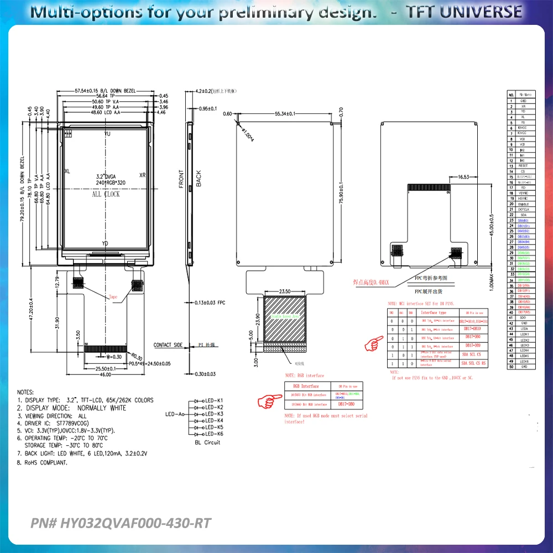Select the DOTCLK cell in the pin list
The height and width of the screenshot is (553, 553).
pos(523,209)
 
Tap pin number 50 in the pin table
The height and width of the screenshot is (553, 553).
pos(512,367)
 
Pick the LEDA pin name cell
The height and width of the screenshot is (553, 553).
pos(523,328)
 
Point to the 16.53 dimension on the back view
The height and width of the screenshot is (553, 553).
pos(463,177)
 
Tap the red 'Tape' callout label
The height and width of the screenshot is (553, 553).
pos(114,297)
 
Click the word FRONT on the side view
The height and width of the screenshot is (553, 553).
pos(181,179)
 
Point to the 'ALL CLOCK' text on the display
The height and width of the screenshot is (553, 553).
pos(106,194)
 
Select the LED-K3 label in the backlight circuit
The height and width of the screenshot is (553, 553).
pos(213,414)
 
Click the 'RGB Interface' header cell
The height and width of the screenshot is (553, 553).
pos(306,386)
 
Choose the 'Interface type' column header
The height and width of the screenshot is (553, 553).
pos(437,312)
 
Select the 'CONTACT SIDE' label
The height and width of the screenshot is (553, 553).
pos(168,345)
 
